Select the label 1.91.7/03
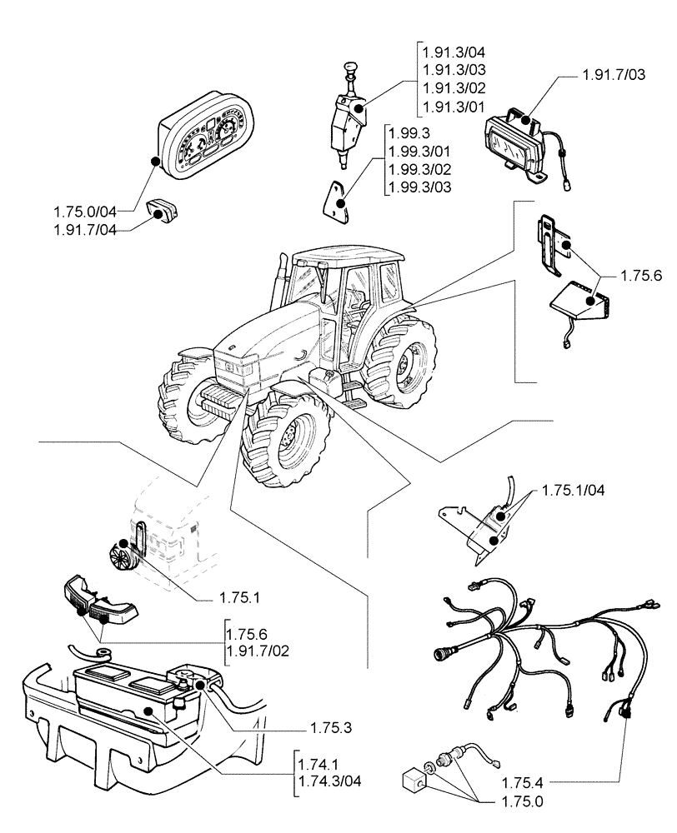tap(610, 76)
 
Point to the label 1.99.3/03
tap(420, 187)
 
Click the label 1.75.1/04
tap(574, 490)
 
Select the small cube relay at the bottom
tap(412, 782)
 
